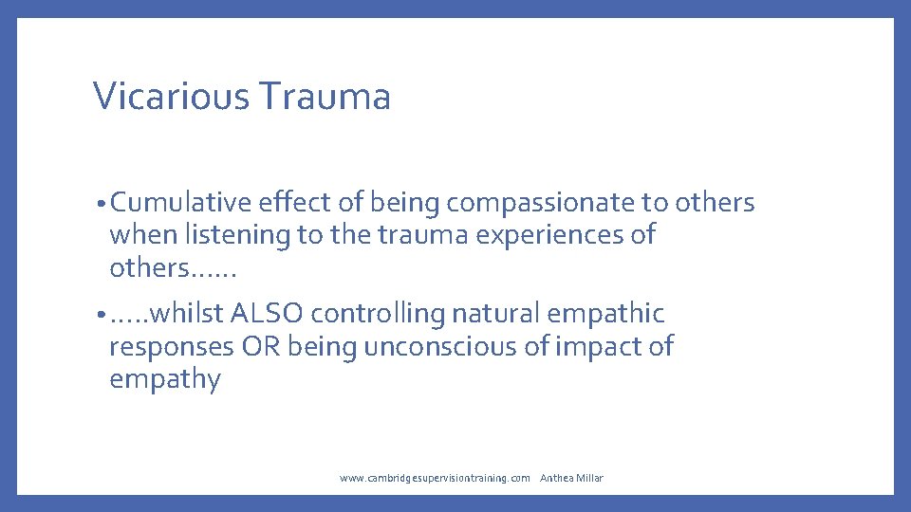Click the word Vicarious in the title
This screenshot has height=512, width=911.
click(x=171, y=97)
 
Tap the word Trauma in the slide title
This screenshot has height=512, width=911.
click(x=324, y=97)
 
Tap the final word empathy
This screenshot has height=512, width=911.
click(x=164, y=380)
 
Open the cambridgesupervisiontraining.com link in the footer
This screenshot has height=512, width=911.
click(x=435, y=478)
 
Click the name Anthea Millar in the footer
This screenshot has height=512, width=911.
click(x=571, y=478)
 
